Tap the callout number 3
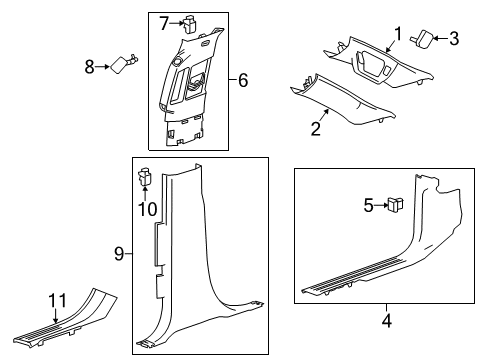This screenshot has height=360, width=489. coord(453,39)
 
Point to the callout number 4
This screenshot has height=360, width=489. coord(384,322)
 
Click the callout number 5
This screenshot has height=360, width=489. coord(368,235)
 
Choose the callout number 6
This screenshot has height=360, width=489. coord(242,79)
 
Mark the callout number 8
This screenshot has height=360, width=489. coord(88,67)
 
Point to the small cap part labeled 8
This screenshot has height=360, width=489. coord(124,65)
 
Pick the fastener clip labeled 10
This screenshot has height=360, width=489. coord(143,178)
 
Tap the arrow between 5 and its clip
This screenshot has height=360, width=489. coord(379,235)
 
